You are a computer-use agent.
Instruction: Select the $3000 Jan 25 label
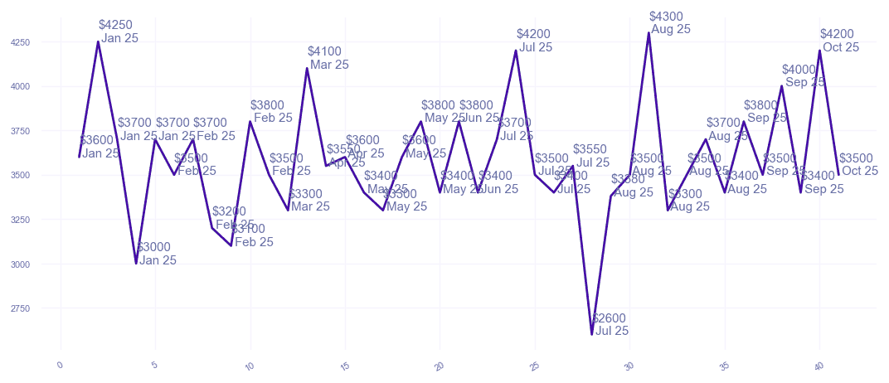point(156,254)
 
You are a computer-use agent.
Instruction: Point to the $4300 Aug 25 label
point(669,22)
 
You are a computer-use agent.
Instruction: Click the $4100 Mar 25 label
point(328,58)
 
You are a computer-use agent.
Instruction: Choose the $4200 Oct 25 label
point(839,41)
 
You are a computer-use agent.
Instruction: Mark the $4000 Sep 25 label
point(802,75)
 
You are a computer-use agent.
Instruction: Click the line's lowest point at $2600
point(592,334)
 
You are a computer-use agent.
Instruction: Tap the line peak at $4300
point(649,32)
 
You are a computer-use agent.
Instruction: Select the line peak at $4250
point(98,41)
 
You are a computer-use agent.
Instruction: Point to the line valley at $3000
point(136,264)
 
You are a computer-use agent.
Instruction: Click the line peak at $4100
point(307,68)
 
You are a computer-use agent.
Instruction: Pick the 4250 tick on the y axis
point(43,42)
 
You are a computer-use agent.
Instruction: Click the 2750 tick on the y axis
point(43,308)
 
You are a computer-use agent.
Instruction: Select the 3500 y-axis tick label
point(43,176)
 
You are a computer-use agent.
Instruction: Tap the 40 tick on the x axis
point(819,365)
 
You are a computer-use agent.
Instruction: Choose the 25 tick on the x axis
point(534,365)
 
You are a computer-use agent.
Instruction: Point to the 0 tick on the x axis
point(60,365)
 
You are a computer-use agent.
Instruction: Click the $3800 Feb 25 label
point(271,111)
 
